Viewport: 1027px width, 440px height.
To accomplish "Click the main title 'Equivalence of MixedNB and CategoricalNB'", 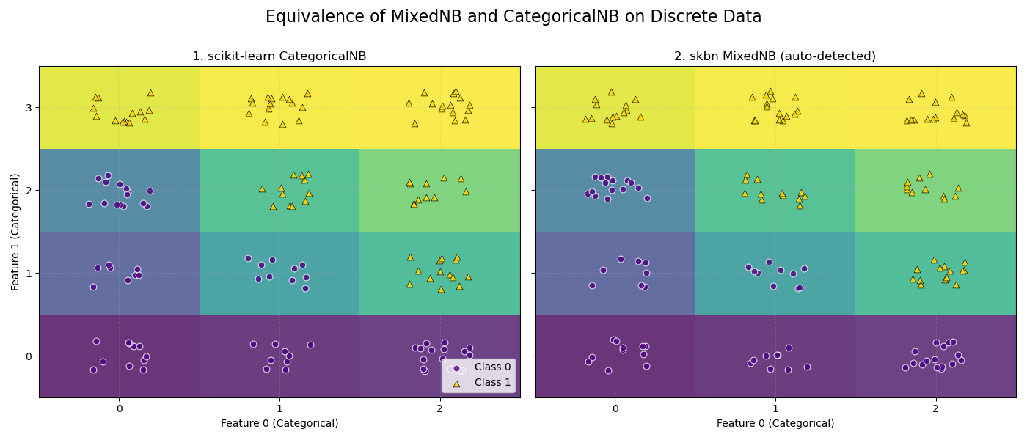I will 513,17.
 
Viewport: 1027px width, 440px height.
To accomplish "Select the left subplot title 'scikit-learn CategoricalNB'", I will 279,56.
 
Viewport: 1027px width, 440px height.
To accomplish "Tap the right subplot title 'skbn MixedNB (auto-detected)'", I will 775,56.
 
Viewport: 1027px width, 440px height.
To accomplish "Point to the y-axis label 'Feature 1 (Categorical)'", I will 15,232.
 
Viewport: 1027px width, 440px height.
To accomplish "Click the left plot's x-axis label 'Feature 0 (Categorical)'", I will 279,423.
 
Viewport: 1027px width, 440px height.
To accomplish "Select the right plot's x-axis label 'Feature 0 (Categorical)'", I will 775,423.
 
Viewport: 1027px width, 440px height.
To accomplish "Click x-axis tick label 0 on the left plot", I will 119,408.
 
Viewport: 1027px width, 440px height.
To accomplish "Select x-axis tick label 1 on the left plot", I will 279,408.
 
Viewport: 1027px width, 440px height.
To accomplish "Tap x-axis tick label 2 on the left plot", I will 440,408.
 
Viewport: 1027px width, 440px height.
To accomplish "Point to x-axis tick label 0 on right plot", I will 615,408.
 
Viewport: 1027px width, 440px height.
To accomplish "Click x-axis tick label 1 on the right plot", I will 775,408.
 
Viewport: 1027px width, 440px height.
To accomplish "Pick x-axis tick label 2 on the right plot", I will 936,408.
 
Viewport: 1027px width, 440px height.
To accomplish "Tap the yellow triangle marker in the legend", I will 456,383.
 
